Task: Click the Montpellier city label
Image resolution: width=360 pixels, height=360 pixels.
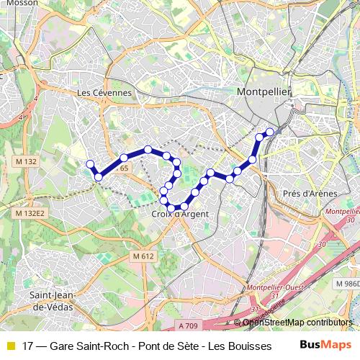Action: (263, 92)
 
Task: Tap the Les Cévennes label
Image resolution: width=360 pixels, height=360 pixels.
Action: (104, 93)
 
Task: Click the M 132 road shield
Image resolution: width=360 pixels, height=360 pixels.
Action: (24, 162)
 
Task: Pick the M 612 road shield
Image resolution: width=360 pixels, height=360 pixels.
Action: (143, 256)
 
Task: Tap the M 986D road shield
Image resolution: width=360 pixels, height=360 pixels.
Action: (347, 284)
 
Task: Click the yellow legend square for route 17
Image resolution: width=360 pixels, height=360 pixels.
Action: (10, 346)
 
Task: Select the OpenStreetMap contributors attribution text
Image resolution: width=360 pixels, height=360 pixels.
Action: (298, 322)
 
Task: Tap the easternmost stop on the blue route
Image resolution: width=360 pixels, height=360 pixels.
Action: (271, 132)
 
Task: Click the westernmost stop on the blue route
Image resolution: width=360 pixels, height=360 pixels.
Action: (91, 164)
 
